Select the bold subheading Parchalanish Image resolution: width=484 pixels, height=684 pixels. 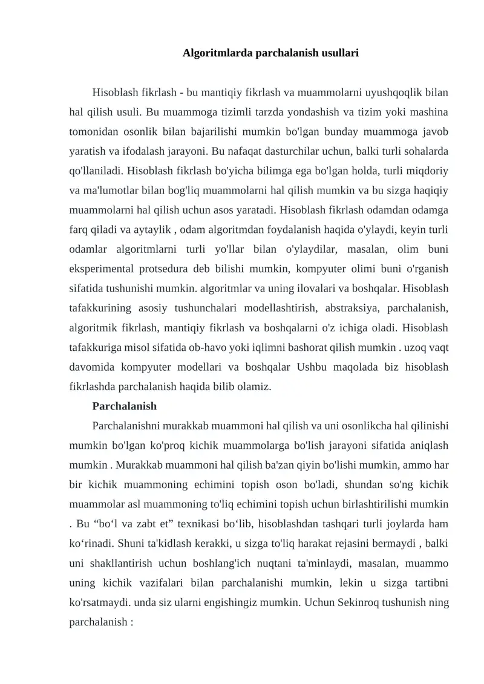[125, 406]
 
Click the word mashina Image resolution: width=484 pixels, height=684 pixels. [431, 112]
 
